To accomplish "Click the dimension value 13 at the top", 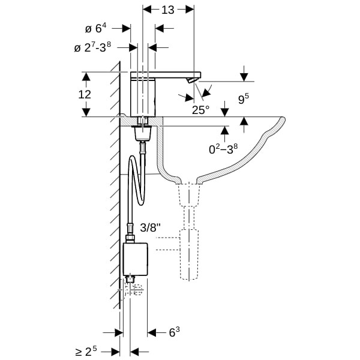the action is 168,10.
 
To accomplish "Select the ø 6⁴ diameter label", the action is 96,28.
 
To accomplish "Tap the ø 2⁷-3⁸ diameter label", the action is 92,47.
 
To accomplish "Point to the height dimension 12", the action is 85,94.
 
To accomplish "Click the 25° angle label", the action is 200,110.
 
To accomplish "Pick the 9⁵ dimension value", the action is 244,99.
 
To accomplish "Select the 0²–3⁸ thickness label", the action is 223,149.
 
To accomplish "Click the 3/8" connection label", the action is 150,228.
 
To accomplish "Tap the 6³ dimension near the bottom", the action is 174,332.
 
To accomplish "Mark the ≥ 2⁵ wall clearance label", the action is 86,351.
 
